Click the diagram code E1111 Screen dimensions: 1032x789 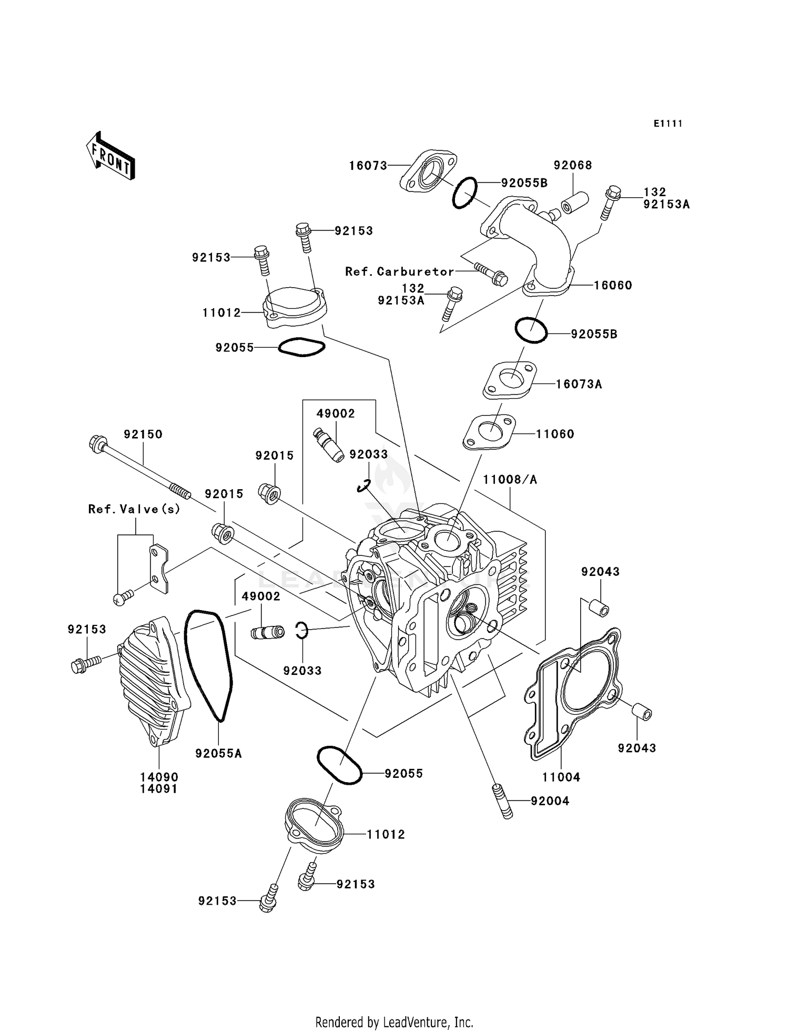[668, 124]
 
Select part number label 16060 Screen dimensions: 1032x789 [613, 285]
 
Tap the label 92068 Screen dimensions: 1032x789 [573, 165]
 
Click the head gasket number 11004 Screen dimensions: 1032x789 [561, 777]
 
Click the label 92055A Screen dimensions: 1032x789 [218, 753]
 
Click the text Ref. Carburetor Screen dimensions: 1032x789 [399, 271]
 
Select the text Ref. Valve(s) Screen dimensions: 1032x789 [134, 509]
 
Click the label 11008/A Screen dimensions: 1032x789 [510, 479]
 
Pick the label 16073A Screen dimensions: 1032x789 [579, 384]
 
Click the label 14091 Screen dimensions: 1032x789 [159, 789]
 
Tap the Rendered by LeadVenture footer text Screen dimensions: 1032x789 [394, 1022]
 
